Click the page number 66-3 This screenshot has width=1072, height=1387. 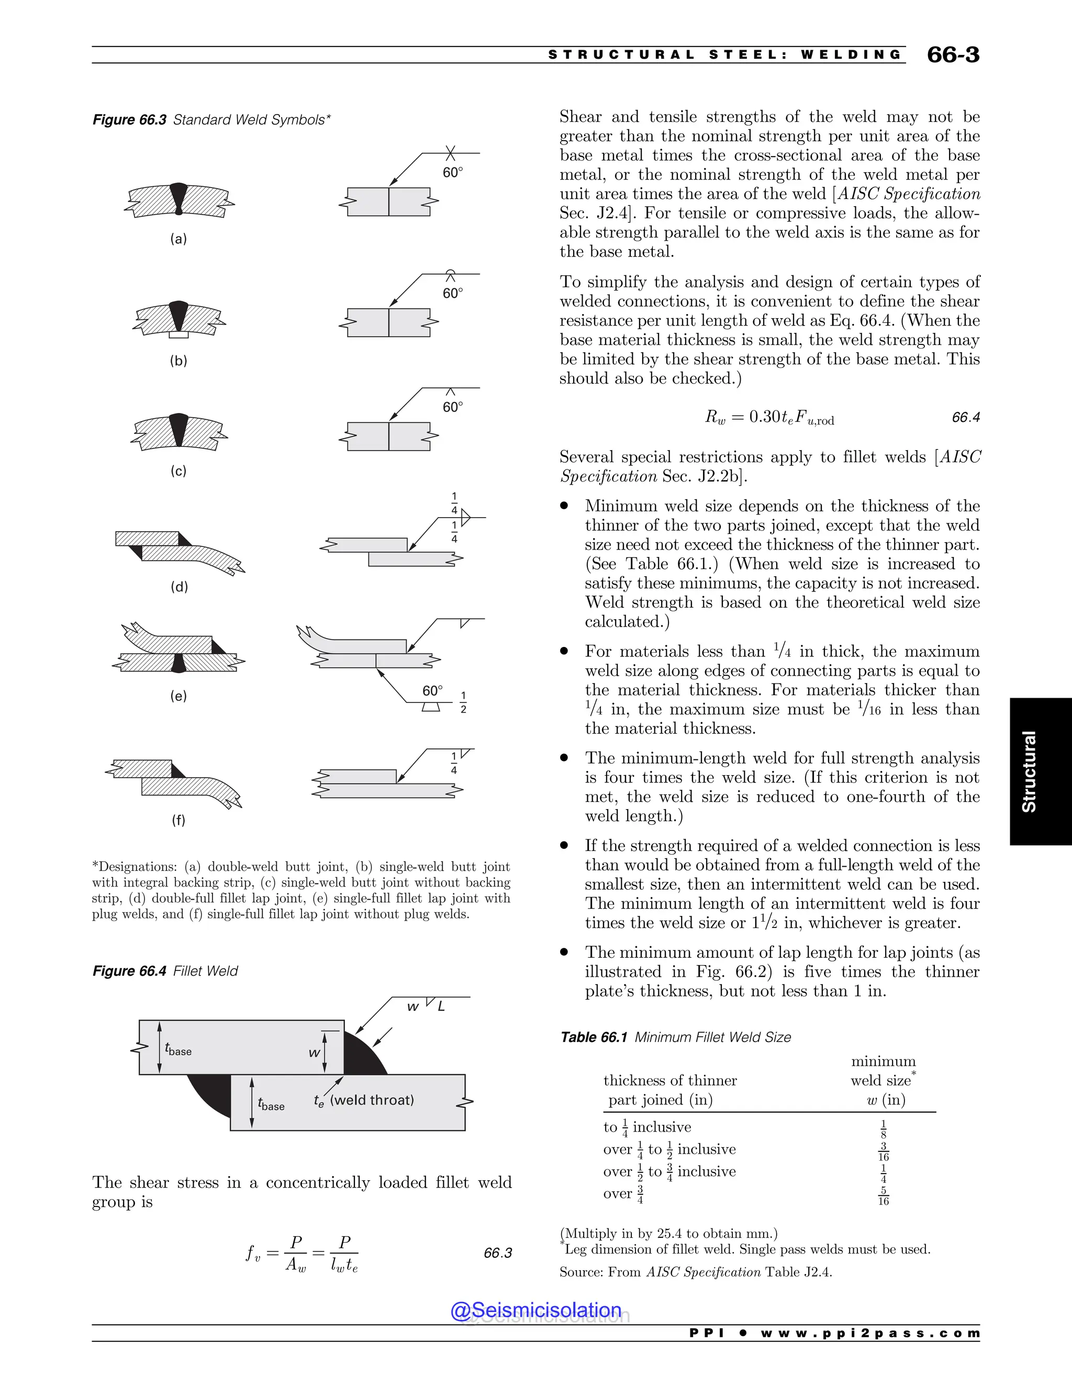(x=953, y=54)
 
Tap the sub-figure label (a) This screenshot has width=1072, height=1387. (x=178, y=239)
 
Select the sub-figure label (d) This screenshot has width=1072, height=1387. (x=179, y=587)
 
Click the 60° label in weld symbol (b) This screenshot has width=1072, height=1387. (x=453, y=294)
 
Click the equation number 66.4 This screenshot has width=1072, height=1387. (x=966, y=417)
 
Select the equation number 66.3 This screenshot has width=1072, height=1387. (x=497, y=1253)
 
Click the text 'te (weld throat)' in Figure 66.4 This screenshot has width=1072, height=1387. (x=364, y=1101)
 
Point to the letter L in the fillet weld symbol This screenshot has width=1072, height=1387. (x=441, y=1006)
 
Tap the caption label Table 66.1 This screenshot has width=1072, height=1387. (x=594, y=1037)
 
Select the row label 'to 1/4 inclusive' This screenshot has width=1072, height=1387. (x=647, y=1127)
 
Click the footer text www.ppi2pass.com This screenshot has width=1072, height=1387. (x=870, y=1333)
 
